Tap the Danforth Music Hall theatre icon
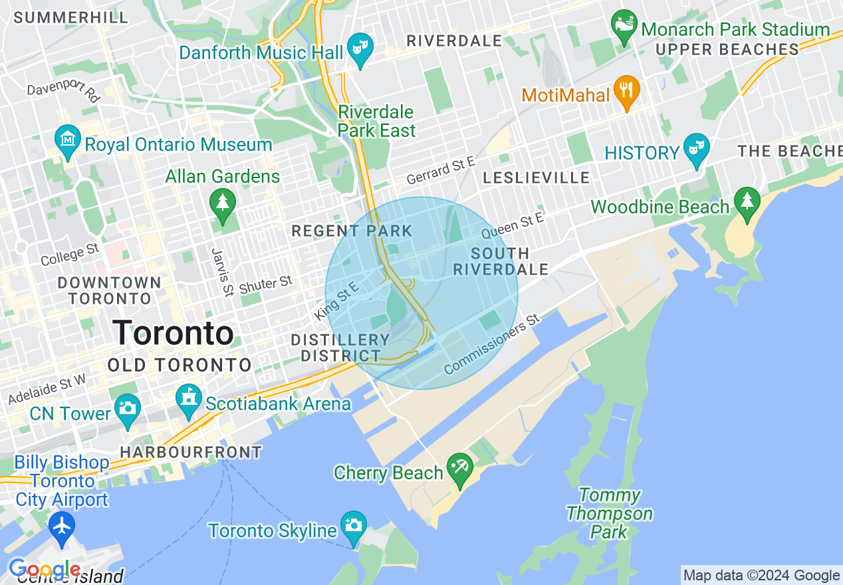(x=360, y=49)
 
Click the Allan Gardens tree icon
(x=222, y=202)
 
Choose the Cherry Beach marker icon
(x=459, y=468)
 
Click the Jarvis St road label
(x=219, y=272)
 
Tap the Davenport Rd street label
(x=63, y=92)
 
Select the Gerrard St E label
(x=441, y=171)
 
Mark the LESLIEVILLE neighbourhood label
(x=536, y=177)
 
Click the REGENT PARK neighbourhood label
(x=352, y=231)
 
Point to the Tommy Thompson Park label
(x=610, y=513)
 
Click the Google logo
(x=44, y=570)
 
